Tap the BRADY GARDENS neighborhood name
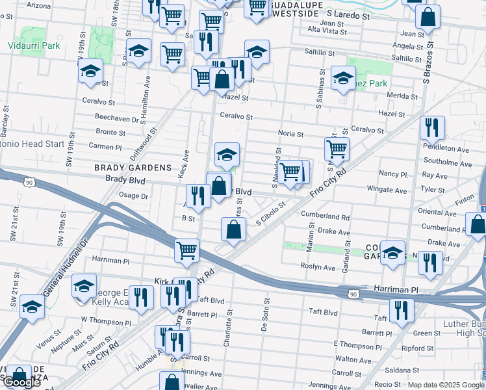124,167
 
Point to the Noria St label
290,134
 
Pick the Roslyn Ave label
318,266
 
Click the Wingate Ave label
385,189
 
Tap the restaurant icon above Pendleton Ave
432,128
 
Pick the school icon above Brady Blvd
227,155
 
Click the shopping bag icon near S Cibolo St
233,229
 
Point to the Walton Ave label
353,359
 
